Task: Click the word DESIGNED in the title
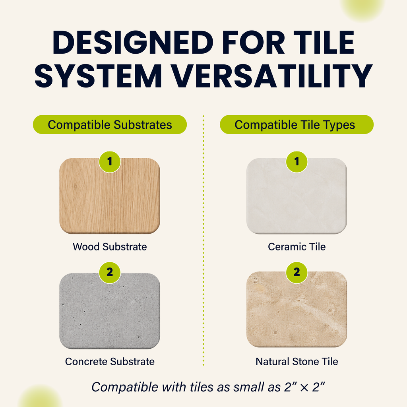coord(133,42)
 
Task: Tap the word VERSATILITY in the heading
coord(272,76)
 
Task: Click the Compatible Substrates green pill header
coord(110,124)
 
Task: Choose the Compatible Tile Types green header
coord(297,124)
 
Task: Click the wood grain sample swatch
coord(110,196)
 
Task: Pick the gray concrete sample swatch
coord(110,311)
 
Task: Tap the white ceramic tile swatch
coord(297,196)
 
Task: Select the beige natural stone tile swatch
coord(297,309)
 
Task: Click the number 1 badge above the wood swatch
coord(110,162)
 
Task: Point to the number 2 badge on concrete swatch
coord(110,272)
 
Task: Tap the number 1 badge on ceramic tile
coord(297,162)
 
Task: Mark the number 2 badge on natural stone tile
coord(297,272)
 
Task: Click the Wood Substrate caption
coord(110,246)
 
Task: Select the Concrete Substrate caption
coord(110,361)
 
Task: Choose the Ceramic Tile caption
coord(297,246)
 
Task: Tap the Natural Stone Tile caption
coord(297,361)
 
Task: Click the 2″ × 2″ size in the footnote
coord(304,387)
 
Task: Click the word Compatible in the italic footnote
coord(125,387)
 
